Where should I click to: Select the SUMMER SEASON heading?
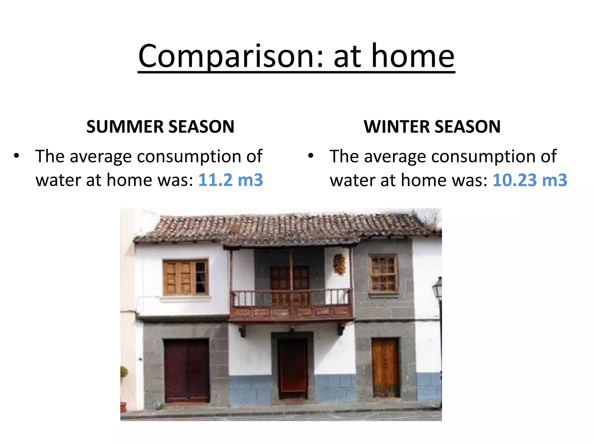coord(160,127)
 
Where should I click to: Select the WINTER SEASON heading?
coord(432,127)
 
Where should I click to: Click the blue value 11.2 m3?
coord(230,180)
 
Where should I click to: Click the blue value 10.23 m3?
coord(530,180)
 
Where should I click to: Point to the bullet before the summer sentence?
coord(17,156)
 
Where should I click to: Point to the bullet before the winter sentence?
coord(311,156)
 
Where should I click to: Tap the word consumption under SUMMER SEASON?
coord(189,157)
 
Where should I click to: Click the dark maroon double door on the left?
coord(187,371)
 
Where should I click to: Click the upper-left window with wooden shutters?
coord(185,277)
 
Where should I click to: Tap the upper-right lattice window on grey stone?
coord(383,273)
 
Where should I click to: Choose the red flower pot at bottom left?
coord(123,407)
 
